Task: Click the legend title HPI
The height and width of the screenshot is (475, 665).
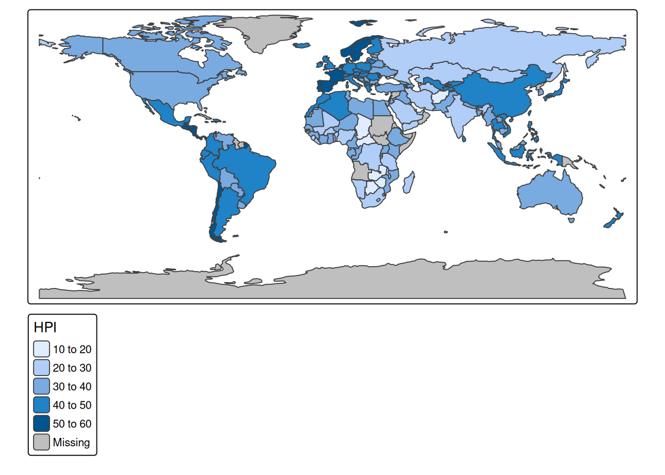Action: pos(45,328)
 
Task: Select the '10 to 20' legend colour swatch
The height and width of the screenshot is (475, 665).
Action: pos(42,349)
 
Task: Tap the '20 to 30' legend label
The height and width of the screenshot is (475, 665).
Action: pos(72,368)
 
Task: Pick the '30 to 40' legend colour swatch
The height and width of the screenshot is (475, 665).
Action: pos(42,386)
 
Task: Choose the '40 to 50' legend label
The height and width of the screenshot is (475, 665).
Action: pos(72,405)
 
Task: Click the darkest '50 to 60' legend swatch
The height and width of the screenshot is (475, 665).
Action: pos(42,424)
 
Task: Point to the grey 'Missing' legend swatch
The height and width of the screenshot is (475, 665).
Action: pos(42,442)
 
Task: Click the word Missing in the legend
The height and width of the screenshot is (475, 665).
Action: pos(72,442)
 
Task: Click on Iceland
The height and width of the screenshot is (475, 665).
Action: pos(302,46)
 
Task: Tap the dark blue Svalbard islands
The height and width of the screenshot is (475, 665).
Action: pos(363,23)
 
